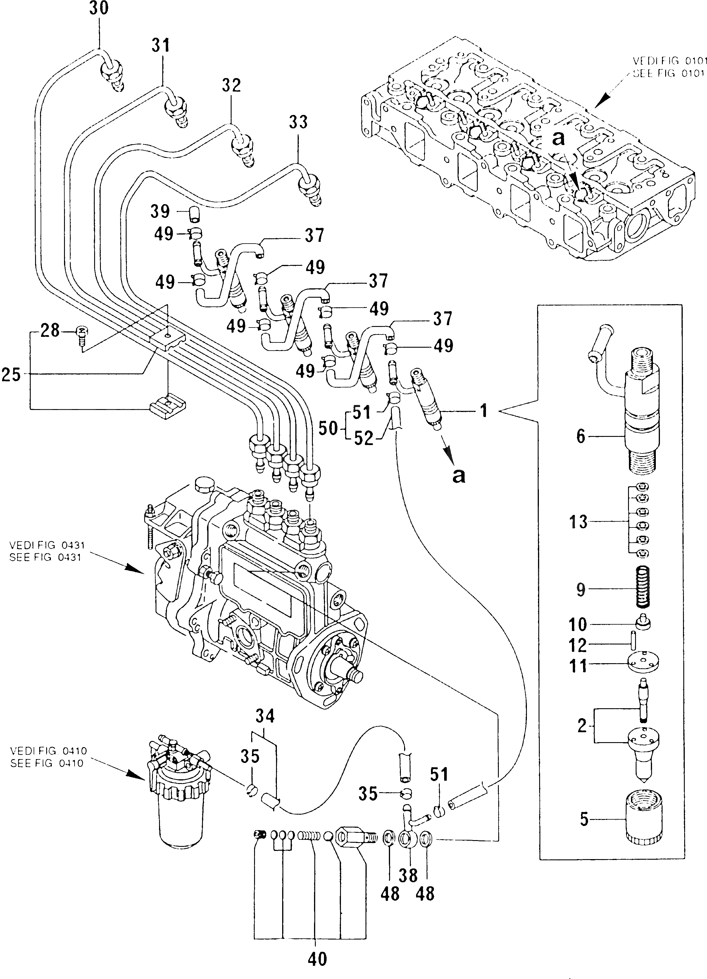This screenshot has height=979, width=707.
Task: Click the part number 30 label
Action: (99, 9)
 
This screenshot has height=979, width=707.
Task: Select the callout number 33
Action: (298, 122)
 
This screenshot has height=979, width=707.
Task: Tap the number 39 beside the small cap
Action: (160, 211)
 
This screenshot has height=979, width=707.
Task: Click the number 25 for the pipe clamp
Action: (11, 374)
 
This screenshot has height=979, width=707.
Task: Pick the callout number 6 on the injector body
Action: (580, 436)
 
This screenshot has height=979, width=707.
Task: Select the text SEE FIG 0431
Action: (45, 557)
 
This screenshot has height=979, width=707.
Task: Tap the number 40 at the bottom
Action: (317, 960)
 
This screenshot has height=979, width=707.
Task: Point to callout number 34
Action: (265, 716)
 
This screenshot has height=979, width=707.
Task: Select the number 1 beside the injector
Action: (484, 411)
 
